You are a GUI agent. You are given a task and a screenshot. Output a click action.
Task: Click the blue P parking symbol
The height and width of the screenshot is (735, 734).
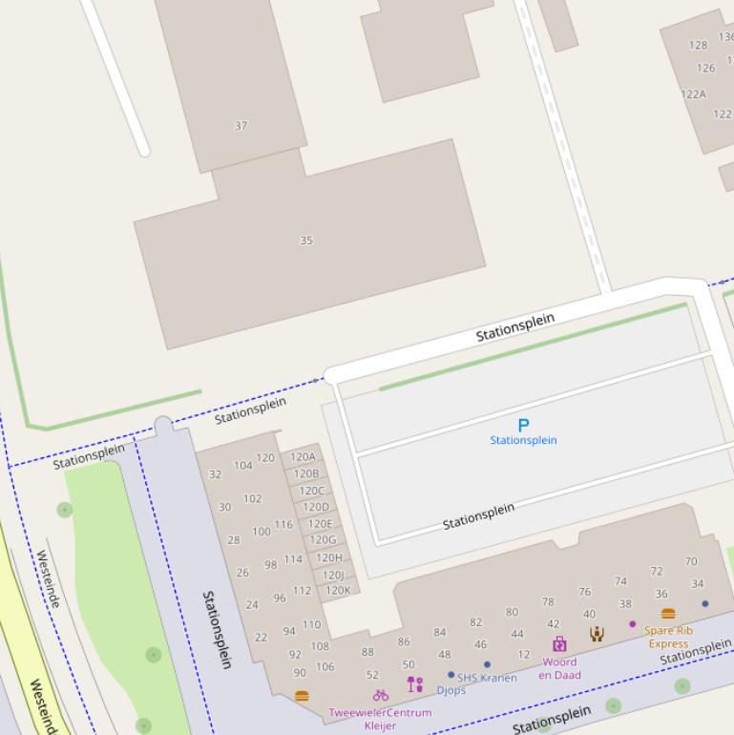tap(523, 425)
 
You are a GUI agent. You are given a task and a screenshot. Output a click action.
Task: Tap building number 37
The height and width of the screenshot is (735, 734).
tap(241, 125)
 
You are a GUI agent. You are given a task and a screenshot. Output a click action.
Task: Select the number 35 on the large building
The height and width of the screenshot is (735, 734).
tap(306, 241)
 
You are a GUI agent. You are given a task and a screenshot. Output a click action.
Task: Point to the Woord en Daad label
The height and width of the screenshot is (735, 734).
tap(559, 668)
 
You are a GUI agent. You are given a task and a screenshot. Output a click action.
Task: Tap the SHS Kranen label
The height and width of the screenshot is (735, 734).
tap(487, 678)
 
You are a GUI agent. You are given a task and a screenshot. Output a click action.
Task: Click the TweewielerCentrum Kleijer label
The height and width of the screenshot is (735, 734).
tap(380, 719)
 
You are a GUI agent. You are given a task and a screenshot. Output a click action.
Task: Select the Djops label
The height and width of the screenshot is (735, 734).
tap(451, 690)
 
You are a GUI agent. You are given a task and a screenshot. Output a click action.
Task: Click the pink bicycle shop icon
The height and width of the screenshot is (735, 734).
tap(381, 695)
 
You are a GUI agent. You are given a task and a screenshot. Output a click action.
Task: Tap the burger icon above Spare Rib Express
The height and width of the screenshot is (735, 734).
tap(668, 614)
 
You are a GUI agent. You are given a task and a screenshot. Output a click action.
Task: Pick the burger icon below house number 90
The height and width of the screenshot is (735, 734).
tap(303, 696)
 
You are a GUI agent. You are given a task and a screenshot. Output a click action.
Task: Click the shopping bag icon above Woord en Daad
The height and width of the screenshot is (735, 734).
tap(559, 644)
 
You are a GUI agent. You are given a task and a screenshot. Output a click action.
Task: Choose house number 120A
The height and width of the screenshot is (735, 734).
tap(303, 457)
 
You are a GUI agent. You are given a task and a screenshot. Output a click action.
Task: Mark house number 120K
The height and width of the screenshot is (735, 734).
tap(338, 591)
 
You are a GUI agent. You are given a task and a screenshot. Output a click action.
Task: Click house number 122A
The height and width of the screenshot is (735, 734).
tap(694, 94)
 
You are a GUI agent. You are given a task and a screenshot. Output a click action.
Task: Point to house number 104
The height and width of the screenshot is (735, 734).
tap(243, 466)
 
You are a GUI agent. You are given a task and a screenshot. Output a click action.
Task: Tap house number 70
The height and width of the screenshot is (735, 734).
tap(691, 561)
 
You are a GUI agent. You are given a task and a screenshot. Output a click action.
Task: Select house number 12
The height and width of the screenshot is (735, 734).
tap(524, 655)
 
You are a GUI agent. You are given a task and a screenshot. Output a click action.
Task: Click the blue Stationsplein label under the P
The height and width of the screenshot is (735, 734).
tap(523, 440)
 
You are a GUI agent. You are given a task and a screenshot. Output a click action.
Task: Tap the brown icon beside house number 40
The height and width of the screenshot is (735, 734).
tap(597, 634)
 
